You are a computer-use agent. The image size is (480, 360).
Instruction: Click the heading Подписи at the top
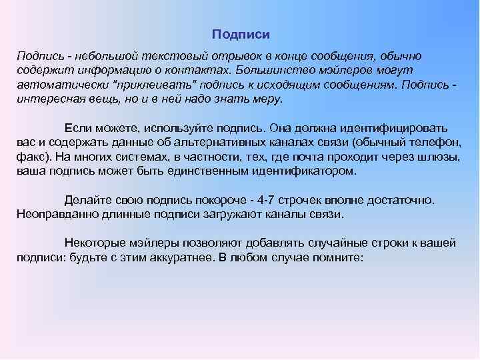pyautogui.click(x=241, y=33)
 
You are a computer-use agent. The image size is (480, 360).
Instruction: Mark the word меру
pyautogui.click(x=267, y=99)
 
